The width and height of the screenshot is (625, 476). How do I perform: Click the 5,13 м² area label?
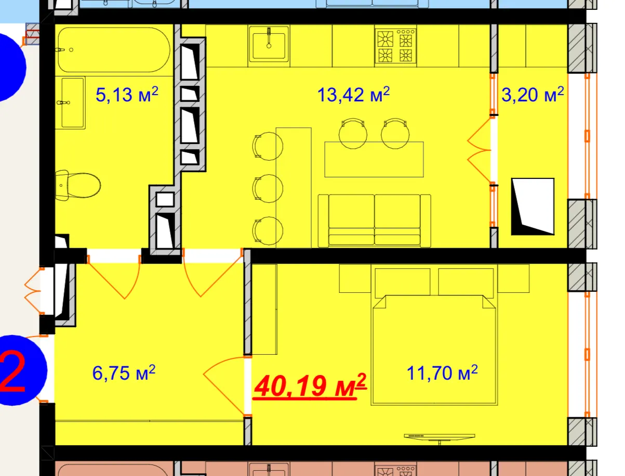[126, 94]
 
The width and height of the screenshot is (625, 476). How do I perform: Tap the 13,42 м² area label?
[353, 94]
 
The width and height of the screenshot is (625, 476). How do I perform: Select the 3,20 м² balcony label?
[532, 94]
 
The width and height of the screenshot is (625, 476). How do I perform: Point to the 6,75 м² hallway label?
[124, 372]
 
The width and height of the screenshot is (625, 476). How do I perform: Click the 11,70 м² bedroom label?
[442, 372]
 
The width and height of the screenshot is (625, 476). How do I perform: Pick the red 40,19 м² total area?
[310, 385]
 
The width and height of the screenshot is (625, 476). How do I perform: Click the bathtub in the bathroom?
[114, 49]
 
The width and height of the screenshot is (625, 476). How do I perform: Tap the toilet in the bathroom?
[78, 185]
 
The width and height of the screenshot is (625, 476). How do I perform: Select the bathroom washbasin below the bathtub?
[73, 102]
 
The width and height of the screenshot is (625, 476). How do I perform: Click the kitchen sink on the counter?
[269, 46]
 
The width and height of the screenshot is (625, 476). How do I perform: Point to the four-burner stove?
[395, 46]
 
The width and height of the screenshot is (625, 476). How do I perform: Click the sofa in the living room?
[374, 221]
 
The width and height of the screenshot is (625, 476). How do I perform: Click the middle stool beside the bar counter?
[268, 188]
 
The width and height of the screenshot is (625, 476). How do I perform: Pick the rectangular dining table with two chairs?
[374, 159]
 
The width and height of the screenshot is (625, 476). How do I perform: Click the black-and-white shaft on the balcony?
[533, 207]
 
